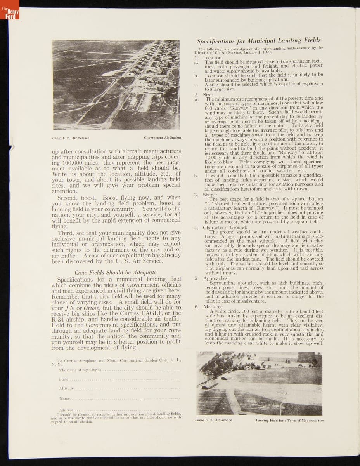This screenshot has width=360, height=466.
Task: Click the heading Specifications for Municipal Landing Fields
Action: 258,40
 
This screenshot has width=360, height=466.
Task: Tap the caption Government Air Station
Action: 162,138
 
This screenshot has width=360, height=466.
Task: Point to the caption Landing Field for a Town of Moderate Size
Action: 289,420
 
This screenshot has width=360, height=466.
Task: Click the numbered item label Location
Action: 213,58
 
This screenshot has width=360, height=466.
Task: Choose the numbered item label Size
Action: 208,94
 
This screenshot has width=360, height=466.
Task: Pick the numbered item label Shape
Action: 210,195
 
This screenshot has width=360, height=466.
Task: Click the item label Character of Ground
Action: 225,227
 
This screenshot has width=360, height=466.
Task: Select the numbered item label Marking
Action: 213,307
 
